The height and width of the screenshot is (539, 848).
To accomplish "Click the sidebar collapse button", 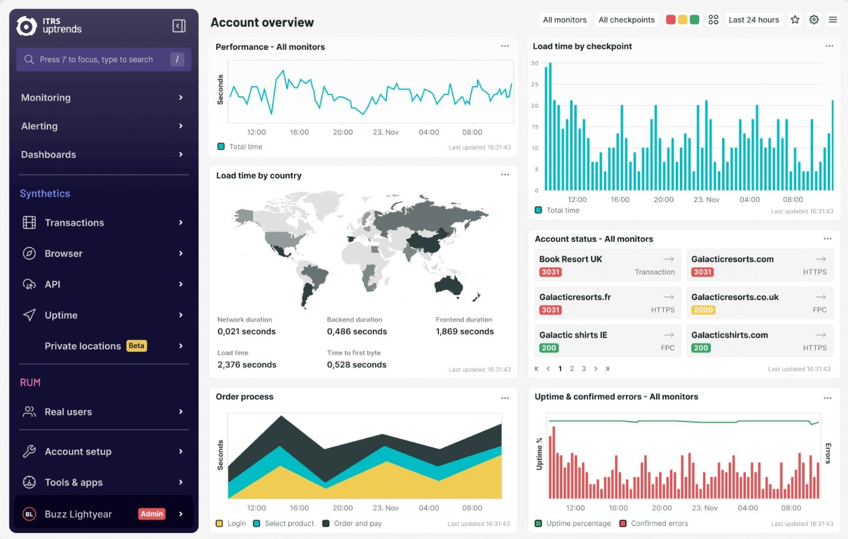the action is click(x=179, y=26).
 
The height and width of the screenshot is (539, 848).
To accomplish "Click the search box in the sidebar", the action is click(x=104, y=59).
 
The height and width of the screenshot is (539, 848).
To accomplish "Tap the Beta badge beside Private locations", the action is click(x=137, y=346).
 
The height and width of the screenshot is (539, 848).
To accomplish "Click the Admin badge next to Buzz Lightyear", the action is click(x=151, y=513).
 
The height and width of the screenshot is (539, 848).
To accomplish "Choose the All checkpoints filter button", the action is click(x=626, y=20).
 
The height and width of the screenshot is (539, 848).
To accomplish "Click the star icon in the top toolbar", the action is click(x=795, y=20).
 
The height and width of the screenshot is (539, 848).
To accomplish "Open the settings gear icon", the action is click(x=814, y=20).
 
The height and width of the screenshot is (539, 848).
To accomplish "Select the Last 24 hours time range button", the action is click(x=754, y=20).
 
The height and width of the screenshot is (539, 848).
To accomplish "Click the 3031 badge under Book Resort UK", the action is click(x=550, y=272).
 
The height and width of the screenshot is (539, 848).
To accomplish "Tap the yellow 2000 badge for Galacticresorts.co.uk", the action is click(x=703, y=310).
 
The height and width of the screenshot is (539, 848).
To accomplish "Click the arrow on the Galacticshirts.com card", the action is click(x=821, y=335).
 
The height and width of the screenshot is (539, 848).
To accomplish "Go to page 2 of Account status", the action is click(x=572, y=368).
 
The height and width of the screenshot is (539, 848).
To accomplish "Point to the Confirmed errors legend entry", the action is click(x=654, y=523).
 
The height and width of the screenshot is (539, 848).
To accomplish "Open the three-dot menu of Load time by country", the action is click(x=505, y=175).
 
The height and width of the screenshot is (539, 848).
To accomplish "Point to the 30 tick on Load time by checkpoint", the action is click(x=534, y=63).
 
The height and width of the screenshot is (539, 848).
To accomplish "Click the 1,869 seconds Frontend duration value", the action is click(x=464, y=332).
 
